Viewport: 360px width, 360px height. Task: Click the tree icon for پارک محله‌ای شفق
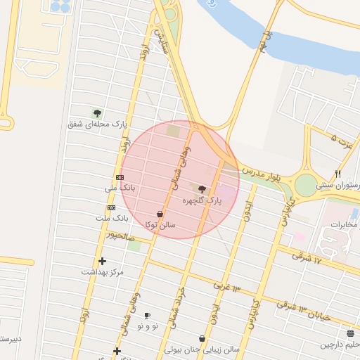click(x=97, y=112)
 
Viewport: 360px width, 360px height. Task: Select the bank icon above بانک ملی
click(x=120, y=177)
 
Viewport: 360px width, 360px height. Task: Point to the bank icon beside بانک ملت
click(x=111, y=208)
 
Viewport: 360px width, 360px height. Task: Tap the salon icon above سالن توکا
click(x=160, y=214)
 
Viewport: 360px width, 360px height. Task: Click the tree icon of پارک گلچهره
click(x=202, y=189)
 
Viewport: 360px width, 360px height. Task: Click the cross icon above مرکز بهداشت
click(x=102, y=261)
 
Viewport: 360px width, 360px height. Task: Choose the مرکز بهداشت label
click(x=102, y=271)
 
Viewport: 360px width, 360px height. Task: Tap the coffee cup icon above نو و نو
click(x=147, y=315)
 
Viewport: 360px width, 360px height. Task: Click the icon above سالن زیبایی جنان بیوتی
click(x=202, y=338)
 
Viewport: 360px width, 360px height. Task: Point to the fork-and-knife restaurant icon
click(x=338, y=174)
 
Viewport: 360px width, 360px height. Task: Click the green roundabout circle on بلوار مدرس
click(x=306, y=186)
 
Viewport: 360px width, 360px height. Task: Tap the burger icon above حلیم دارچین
click(x=350, y=333)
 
